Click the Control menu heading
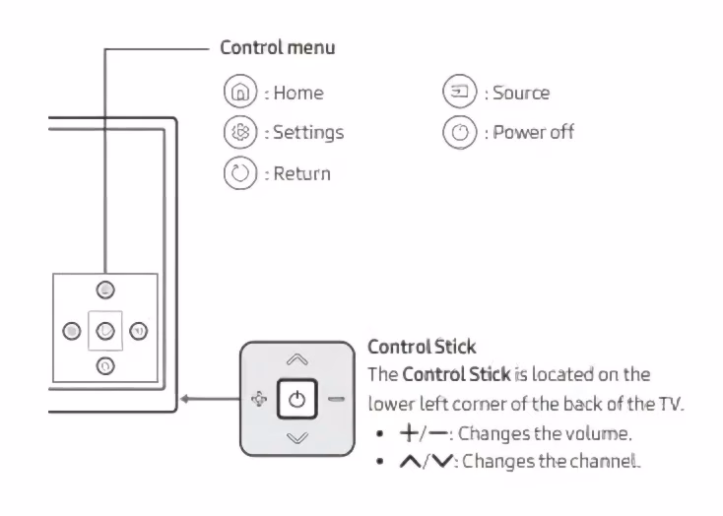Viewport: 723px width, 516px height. (x=277, y=47)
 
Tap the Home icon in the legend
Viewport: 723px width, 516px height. (x=237, y=93)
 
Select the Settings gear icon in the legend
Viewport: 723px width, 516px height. (x=237, y=132)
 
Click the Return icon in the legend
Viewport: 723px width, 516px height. (x=237, y=172)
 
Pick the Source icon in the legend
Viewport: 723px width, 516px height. (x=458, y=93)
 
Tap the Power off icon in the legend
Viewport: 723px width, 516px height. (x=458, y=132)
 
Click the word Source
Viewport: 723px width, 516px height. (x=521, y=93)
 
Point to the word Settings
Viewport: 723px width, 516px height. (x=308, y=132)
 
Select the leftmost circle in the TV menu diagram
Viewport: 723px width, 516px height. (x=69, y=329)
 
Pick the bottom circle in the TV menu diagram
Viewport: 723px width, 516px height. (x=104, y=365)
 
